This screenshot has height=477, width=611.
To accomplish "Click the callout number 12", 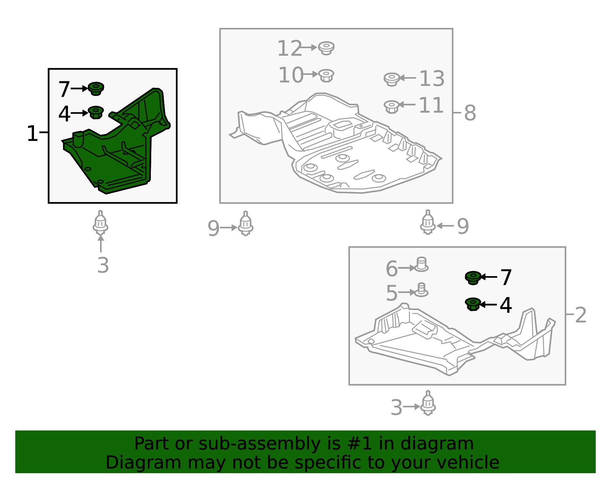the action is (289, 49).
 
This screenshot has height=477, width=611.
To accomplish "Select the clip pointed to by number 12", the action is (326, 48).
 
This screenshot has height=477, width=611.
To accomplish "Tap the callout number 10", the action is (291, 75).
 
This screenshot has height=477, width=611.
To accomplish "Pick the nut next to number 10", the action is (326, 75).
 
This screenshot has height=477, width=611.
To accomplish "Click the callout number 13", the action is (432, 78).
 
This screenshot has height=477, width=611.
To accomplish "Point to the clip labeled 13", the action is (392, 79).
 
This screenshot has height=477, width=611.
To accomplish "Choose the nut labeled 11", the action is (391, 107).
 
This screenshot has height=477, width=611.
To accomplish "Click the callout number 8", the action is (470, 113).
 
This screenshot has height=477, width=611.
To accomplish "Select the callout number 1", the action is (32, 134).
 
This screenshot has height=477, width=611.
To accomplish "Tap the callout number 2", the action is (580, 315).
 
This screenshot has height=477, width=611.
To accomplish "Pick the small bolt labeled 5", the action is (421, 289).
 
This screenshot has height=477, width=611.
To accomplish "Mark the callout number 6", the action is (392, 268).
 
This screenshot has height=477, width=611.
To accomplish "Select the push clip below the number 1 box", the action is (100, 222).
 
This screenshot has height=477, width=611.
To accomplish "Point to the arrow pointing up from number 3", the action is (101, 244).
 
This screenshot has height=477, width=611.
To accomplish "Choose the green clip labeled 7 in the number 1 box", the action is (96, 89).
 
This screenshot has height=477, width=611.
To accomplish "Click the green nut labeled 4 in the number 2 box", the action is (473, 304).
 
